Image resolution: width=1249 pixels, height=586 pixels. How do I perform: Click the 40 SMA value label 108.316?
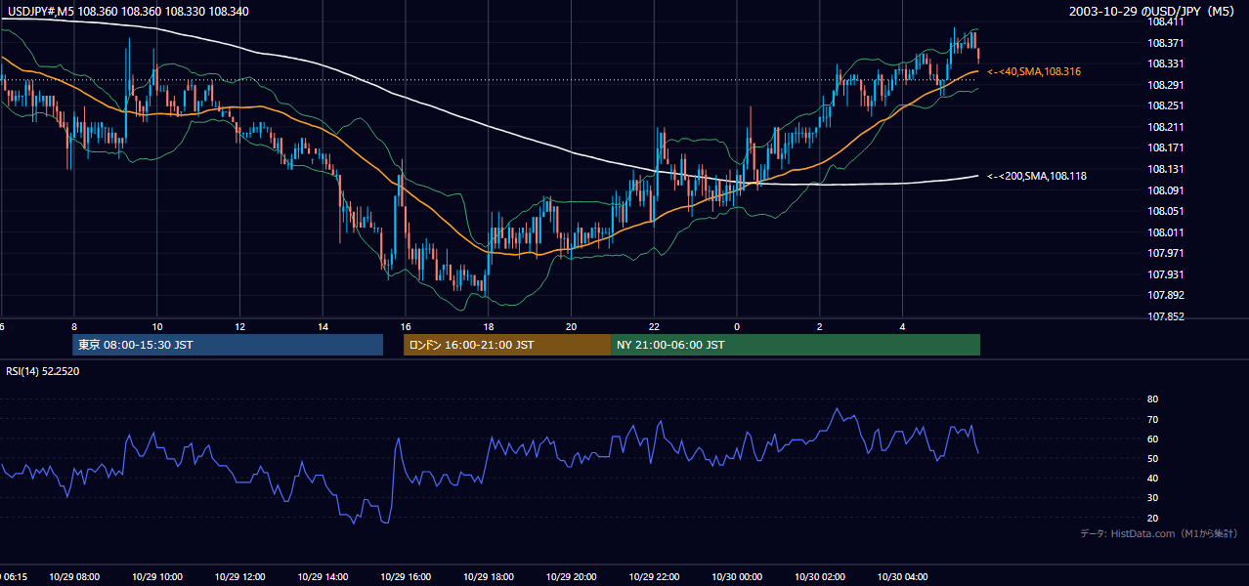point(1034,71)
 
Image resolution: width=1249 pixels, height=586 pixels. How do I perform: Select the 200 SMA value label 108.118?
point(1037,176)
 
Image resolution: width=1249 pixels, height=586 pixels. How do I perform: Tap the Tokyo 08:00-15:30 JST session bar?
point(228,345)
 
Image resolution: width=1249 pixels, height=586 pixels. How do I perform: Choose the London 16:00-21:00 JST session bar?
point(507,345)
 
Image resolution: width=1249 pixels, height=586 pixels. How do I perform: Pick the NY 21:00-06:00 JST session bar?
point(796,345)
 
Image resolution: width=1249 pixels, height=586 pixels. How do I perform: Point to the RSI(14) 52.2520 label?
point(42,371)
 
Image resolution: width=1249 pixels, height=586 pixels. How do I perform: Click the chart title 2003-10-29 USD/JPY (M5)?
point(1151,11)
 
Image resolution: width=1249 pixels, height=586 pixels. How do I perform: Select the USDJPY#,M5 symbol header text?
point(41,11)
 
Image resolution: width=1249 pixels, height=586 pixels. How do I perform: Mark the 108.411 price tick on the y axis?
point(1165,21)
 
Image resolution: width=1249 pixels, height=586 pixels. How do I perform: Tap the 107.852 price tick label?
point(1165,316)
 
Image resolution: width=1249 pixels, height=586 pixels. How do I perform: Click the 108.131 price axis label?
point(1165,169)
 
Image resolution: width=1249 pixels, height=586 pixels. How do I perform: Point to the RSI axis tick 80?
point(1152,398)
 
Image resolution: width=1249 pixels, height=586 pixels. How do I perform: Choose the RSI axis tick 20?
point(1152,518)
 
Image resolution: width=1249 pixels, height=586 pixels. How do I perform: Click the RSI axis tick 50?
point(1152,458)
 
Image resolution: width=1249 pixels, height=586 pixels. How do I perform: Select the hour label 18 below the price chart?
point(489,327)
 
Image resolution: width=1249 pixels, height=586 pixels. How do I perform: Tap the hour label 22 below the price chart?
point(654,327)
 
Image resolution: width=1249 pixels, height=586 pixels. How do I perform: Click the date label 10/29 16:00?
point(406,576)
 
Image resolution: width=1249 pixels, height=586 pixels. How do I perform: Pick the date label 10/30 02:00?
point(820,576)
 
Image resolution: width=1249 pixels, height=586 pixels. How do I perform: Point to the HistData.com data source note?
point(1159,533)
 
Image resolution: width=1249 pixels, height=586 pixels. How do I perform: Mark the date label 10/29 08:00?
point(74,576)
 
